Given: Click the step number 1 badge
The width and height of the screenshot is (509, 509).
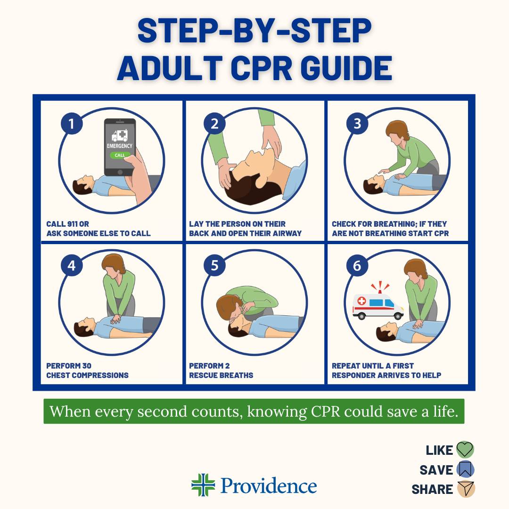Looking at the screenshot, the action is pyautogui.click(x=72, y=123).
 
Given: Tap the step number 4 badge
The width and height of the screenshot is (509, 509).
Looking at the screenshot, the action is pyautogui.click(x=72, y=265).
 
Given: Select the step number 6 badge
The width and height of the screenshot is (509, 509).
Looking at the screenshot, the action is pyautogui.click(x=357, y=265).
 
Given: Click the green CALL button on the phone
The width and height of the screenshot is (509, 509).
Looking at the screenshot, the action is pyautogui.click(x=119, y=155).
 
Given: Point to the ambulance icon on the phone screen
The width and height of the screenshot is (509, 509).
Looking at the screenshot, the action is pyautogui.click(x=119, y=135).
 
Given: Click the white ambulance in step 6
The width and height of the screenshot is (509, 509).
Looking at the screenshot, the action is pyautogui.click(x=378, y=306).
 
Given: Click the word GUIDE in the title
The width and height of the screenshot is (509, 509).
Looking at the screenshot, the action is pyautogui.click(x=346, y=68).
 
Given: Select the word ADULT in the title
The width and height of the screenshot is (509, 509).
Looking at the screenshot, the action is pyautogui.click(x=170, y=68).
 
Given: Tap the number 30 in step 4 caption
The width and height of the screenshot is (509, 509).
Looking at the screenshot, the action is pyautogui.click(x=86, y=366).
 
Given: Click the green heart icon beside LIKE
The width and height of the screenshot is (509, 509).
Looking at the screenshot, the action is pyautogui.click(x=465, y=450).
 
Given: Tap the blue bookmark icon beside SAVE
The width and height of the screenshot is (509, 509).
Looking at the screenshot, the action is pyautogui.click(x=465, y=469).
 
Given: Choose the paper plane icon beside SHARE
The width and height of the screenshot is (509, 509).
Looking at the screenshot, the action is pyautogui.click(x=466, y=489).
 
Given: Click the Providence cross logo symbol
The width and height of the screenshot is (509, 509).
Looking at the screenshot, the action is pyautogui.click(x=203, y=485).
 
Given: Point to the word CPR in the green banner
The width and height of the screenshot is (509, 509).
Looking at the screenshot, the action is pyautogui.click(x=326, y=411).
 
